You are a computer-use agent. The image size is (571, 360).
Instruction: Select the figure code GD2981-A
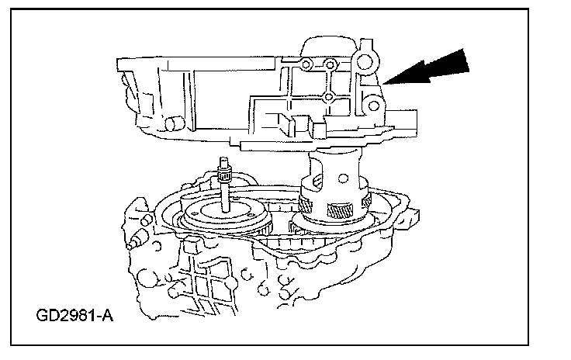[x=73, y=316]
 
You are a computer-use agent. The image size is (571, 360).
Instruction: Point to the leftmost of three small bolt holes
[x=308, y=63]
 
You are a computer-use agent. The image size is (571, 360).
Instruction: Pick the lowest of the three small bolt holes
[x=330, y=97]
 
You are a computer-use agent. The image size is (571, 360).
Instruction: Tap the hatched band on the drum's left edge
[x=306, y=206]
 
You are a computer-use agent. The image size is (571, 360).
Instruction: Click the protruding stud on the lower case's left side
[x=138, y=236]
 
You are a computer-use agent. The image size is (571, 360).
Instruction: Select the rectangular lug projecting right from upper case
[x=407, y=116]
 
